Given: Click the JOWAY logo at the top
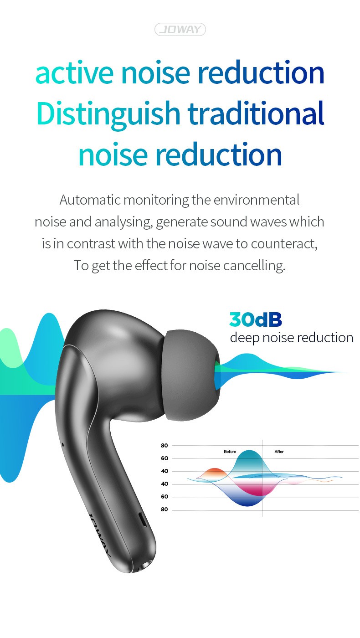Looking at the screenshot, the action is point(180,29).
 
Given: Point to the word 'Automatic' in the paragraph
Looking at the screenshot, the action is point(90,200).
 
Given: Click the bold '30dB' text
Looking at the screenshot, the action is point(256,319).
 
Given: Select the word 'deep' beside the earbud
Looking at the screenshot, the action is point(245,338).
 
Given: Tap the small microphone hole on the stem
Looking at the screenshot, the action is point(63,445).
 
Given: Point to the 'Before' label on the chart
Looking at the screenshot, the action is point(230,452).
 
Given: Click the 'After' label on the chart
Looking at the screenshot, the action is point(279,452).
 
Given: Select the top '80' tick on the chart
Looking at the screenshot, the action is point(165,446).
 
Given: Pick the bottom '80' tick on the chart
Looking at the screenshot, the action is point(165,509).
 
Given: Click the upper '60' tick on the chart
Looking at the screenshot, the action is point(165,458).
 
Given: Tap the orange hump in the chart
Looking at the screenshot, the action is point(213,473).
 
